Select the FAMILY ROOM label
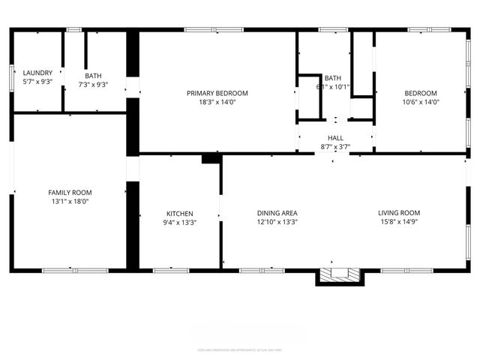tap(70, 193)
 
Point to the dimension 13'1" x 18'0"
tap(70, 202)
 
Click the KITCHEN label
tap(179, 214)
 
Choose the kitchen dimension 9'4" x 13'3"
tap(179, 223)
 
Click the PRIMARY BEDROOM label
tap(217, 93)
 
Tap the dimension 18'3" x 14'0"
tap(217, 102)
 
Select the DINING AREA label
tap(277, 213)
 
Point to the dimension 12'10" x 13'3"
tap(277, 222)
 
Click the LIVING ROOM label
tap(399, 213)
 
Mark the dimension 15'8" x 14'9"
tap(399, 222)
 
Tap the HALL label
tap(335, 138)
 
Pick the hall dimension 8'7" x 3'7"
tap(335, 147)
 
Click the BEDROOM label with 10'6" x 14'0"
tap(420, 93)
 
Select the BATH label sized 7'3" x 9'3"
tap(93, 76)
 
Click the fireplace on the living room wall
tap(340, 275)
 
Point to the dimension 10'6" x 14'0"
tap(420, 102)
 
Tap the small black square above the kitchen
tap(211, 158)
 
